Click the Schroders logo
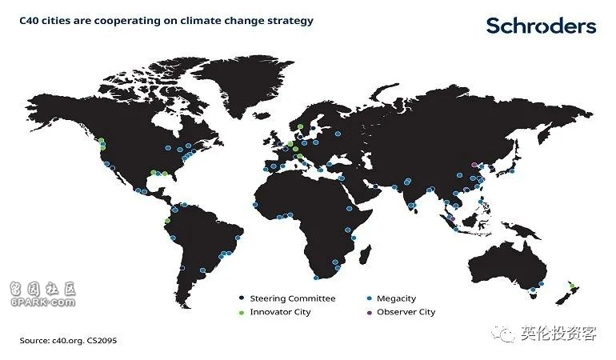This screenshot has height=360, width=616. [x=541, y=26]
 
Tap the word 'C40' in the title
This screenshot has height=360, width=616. [x=29, y=21]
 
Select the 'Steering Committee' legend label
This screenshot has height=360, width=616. [x=293, y=298]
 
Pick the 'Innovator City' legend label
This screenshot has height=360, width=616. [x=280, y=312]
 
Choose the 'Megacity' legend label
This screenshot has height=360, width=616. [x=396, y=298]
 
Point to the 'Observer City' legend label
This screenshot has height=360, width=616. [x=406, y=312]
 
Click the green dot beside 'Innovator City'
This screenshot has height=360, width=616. [x=242, y=313]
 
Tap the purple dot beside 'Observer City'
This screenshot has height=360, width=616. [x=369, y=313]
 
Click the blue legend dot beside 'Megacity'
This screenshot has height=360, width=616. [x=369, y=298]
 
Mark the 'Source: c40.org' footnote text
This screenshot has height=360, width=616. [x=68, y=340]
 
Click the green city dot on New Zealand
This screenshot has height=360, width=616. [x=572, y=286]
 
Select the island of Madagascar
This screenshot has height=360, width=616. [x=365, y=254]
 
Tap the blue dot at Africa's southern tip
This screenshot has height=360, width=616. [x=316, y=278]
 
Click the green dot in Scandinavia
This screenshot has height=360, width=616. [x=300, y=126]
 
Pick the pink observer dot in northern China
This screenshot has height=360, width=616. [x=474, y=165]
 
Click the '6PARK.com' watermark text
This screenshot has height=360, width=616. [x=43, y=302]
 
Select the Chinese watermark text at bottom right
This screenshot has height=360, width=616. [x=558, y=334]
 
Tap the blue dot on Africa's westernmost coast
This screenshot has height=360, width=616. [x=255, y=205]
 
